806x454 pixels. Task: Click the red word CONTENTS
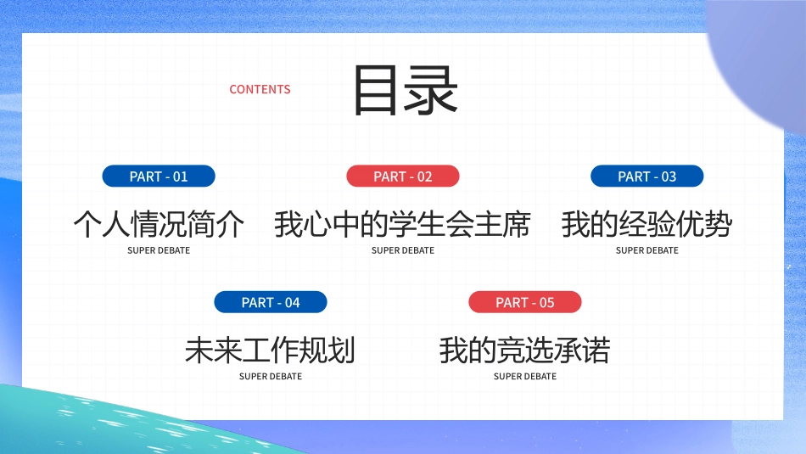(260, 89)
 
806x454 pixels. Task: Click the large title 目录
(406, 90)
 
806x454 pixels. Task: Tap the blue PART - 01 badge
(159, 177)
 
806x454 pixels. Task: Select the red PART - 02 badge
(403, 177)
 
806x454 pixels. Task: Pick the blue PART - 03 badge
(647, 177)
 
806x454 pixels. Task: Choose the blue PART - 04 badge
(271, 302)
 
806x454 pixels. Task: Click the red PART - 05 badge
(525, 302)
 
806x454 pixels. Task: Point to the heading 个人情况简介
(159, 225)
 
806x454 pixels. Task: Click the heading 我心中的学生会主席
(403, 225)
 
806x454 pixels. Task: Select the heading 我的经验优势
(647, 225)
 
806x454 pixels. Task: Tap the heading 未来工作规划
(271, 350)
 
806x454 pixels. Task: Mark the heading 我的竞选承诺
(525, 350)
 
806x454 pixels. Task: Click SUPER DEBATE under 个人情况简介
(159, 250)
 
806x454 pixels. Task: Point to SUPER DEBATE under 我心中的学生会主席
(403, 250)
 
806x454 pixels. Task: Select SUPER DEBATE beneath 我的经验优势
(647, 250)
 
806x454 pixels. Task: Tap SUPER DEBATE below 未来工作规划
(271, 376)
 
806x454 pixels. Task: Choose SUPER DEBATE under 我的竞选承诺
(525, 376)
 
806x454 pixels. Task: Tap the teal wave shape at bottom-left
(51, 424)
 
